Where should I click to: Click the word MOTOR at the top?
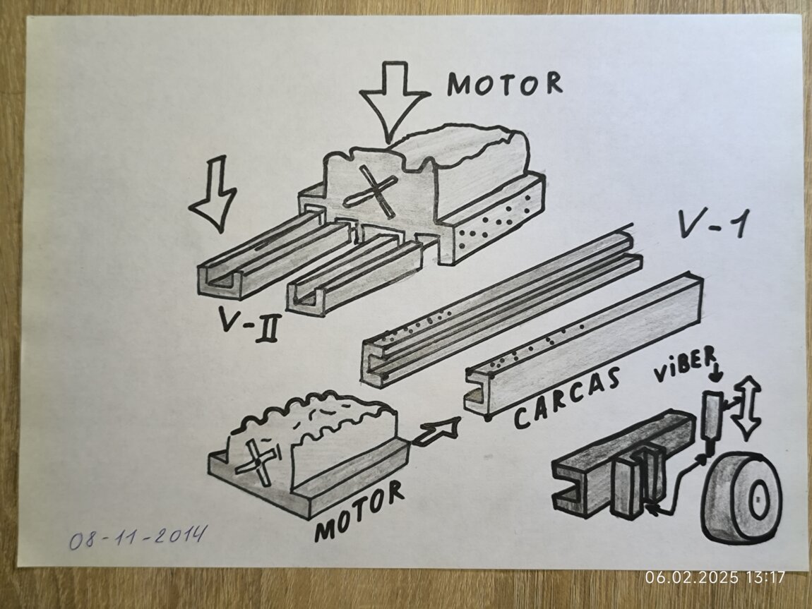click(505, 84)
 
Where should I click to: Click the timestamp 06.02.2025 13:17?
click(715, 577)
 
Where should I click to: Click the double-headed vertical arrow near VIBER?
click(747, 405)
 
